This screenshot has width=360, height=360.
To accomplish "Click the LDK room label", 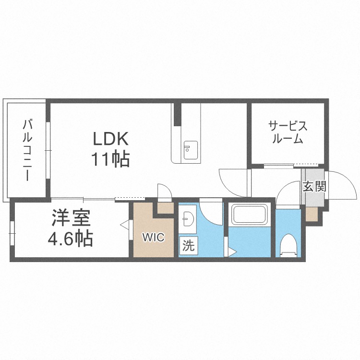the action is point(111,138).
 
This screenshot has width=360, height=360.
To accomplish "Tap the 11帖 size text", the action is point(111,159).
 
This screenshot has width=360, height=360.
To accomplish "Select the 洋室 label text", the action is point(71,217).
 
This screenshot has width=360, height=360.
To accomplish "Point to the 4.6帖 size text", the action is point(70,238).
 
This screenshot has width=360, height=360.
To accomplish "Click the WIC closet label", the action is point(154,237).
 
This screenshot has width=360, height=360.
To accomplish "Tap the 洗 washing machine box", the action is point(189,246).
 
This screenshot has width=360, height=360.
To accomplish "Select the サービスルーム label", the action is point(288,132).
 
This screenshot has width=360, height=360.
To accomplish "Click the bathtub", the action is point(250,215).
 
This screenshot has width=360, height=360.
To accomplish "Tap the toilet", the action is point(288,245).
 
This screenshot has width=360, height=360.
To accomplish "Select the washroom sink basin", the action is point(187,218).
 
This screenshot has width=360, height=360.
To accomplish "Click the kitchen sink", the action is point(191,150).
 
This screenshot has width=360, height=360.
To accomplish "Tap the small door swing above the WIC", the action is point(164,192).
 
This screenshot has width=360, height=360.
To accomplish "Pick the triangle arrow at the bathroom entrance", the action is point(232,253).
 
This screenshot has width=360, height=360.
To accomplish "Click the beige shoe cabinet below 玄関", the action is point(312,214).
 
